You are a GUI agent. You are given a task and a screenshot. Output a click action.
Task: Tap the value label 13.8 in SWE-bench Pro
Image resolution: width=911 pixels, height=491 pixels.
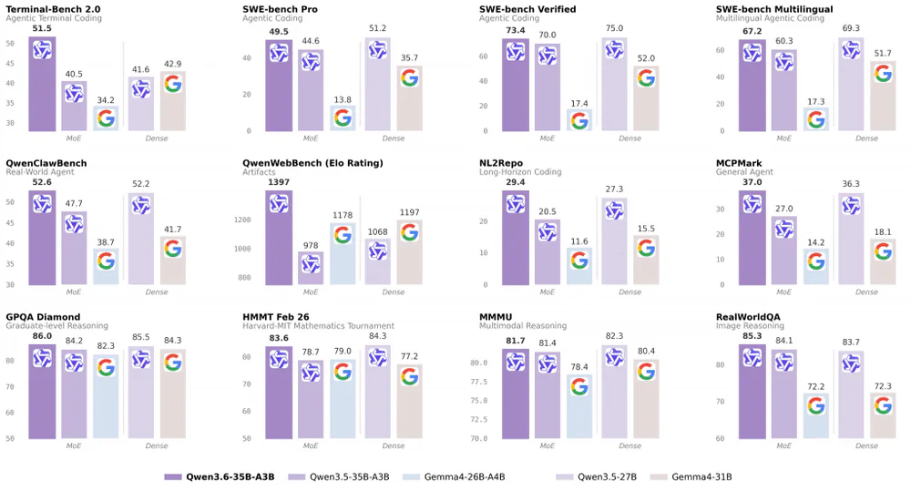(x=343, y=98)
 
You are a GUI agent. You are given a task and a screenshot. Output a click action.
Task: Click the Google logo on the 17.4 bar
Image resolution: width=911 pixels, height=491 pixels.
(x=579, y=121)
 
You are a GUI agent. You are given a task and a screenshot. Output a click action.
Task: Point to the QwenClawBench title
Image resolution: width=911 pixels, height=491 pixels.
(x=46, y=163)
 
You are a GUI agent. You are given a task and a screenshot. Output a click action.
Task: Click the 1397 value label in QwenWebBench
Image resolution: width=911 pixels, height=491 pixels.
(x=279, y=183)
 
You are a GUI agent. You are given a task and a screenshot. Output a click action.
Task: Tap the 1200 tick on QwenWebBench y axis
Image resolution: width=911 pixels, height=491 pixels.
(x=242, y=220)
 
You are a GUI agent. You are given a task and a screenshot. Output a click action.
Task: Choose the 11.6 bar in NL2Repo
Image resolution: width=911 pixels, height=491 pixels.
(x=579, y=265)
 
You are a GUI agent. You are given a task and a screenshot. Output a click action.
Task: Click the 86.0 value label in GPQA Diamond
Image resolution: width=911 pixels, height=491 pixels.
(x=42, y=336)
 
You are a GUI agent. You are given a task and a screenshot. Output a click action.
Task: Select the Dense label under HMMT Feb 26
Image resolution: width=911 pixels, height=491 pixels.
(x=393, y=446)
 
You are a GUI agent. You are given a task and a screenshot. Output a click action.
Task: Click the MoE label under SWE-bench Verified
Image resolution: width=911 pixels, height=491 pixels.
(x=547, y=138)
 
